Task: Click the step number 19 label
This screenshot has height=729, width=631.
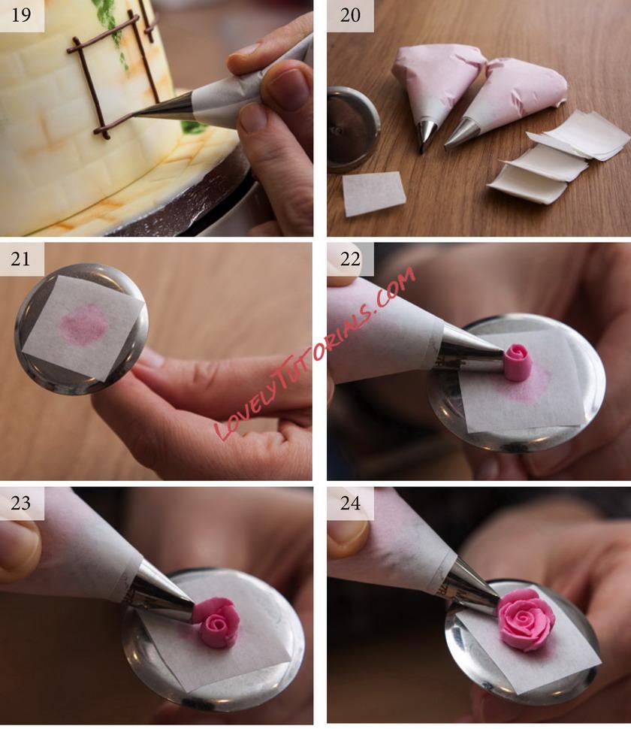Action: coord(21,14)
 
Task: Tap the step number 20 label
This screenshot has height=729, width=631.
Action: coord(350,14)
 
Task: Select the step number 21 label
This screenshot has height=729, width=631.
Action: coord(21,258)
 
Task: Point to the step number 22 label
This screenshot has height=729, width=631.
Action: coord(350,258)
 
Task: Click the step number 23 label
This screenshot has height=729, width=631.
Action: coord(21,503)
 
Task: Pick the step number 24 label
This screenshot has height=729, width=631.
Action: coord(350,503)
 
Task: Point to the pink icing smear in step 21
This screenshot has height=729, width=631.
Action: coord(84,324)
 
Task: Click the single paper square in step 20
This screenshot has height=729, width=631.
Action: coord(374,193)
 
